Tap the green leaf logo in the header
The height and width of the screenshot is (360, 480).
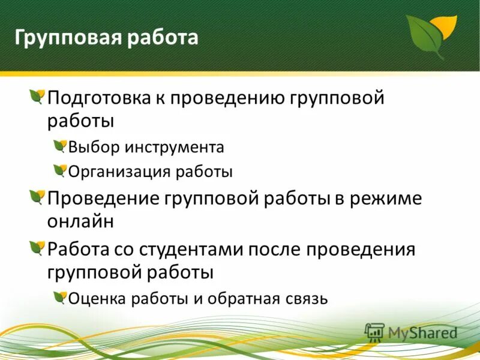tap(430, 34)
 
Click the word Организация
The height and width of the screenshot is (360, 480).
tap(119, 172)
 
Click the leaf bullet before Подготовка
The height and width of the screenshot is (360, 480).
tap(37, 97)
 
